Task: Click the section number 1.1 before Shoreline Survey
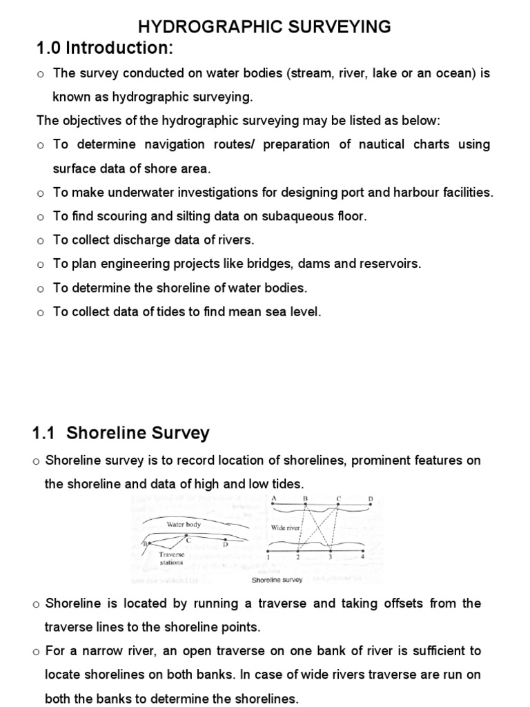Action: point(45,434)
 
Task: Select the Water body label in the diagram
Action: point(184,525)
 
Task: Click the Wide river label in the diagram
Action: point(285,527)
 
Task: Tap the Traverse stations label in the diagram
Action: point(170,558)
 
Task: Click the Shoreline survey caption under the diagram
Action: point(277,580)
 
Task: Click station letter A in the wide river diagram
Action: point(275,498)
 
